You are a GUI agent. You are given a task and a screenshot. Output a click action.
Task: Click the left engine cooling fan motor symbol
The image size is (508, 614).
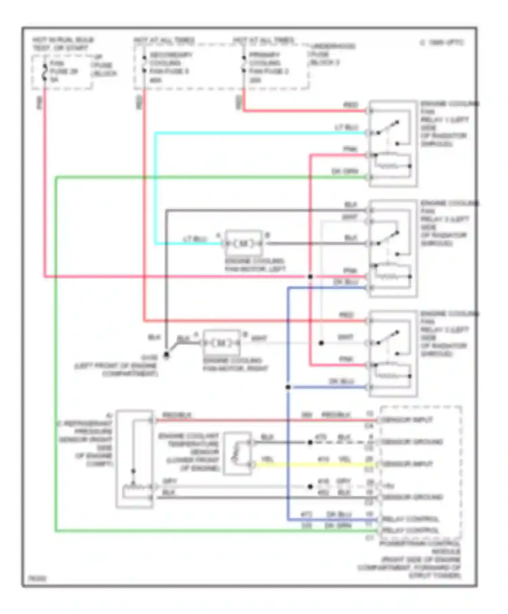pos(244,243)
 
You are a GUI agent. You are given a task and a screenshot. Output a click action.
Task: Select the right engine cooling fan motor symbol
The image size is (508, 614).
pos(221,343)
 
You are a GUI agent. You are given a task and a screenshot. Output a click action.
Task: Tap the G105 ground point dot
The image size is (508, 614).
pos(166,355)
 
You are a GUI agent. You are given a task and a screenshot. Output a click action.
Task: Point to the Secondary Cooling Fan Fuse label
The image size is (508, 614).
pos(169,67)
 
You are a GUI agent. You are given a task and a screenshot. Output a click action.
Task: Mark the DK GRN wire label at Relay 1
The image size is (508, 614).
pos(344,171)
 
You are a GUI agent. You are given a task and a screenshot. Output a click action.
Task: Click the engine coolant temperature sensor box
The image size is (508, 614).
pos(237,453)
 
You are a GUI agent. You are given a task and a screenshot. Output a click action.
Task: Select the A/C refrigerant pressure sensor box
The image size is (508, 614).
pos(134,459)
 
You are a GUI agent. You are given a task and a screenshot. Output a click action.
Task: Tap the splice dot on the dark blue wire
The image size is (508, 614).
pos(288,387)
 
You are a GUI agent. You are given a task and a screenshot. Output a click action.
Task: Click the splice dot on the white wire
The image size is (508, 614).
pos(321,343)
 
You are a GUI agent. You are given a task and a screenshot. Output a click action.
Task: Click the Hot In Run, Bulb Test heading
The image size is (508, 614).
pos(63,44)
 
